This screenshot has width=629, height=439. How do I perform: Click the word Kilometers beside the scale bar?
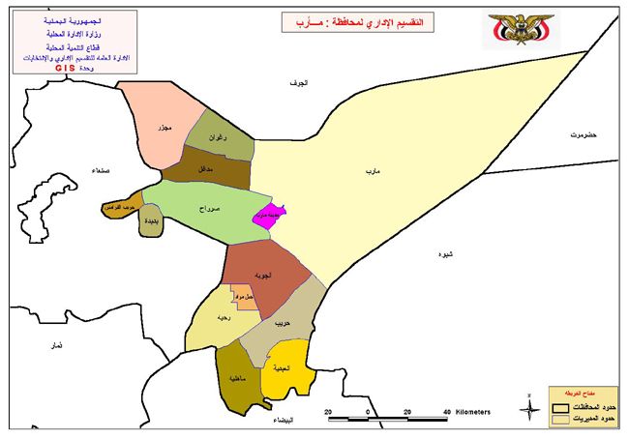(x=472, y=412)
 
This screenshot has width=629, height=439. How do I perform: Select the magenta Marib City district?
(x=268, y=218)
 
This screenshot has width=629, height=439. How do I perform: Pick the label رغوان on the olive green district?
(x=219, y=138)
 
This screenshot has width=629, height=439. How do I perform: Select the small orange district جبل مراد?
(x=243, y=297)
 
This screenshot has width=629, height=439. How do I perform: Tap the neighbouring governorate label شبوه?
(x=444, y=254)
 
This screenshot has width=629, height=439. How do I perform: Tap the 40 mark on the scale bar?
(x=445, y=411)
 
